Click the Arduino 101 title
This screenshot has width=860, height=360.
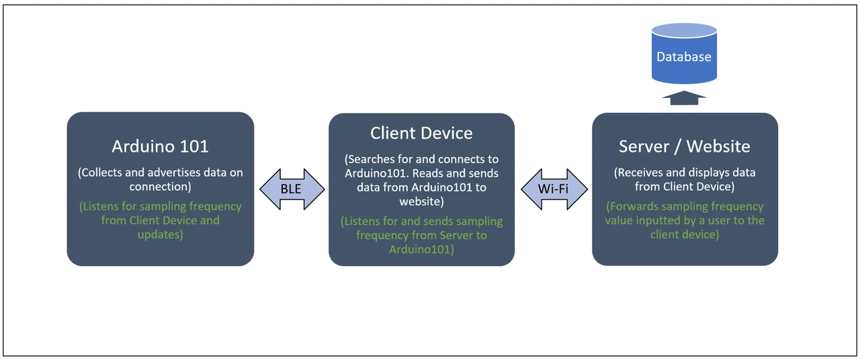pos(160,146)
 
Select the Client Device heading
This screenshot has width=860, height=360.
pos(421,133)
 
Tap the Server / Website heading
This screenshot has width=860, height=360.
pos(684,146)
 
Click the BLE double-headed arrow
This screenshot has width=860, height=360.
pos(291,189)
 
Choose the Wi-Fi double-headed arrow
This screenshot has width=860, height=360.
pos(554,189)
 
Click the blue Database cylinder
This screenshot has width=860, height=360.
pos(684,54)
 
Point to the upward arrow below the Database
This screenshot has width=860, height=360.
pos(684,98)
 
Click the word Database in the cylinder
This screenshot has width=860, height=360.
pos(684,57)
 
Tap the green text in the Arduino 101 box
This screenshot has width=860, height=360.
pos(160,220)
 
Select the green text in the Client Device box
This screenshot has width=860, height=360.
pos(421,235)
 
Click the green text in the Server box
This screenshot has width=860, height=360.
pos(684,220)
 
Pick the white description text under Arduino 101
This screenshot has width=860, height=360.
pos(160,179)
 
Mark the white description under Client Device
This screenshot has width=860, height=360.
pos(421,180)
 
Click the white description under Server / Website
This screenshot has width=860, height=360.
pos(684,179)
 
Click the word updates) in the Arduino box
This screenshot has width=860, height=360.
pos(160,234)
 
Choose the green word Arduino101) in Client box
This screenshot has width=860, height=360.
pos(421,249)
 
